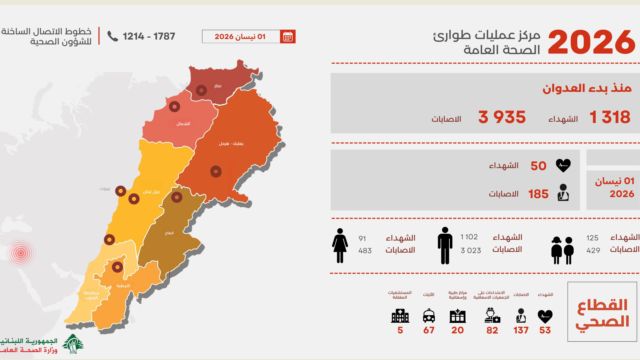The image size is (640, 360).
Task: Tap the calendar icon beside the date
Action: [x=288, y=37]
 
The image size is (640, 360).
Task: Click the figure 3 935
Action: [x=501, y=117]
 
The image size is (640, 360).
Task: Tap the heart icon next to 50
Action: [x=565, y=166]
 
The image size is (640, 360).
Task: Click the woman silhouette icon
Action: [x=339, y=244]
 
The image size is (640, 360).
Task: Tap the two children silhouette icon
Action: [x=564, y=247]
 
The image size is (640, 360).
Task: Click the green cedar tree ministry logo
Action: [x=72, y=345]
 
